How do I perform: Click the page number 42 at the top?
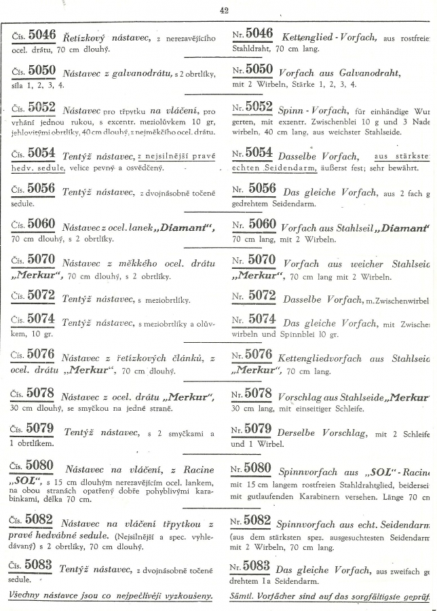click(225, 10)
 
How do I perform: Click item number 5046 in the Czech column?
click(42, 35)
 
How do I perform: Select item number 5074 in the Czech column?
click(42, 319)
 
